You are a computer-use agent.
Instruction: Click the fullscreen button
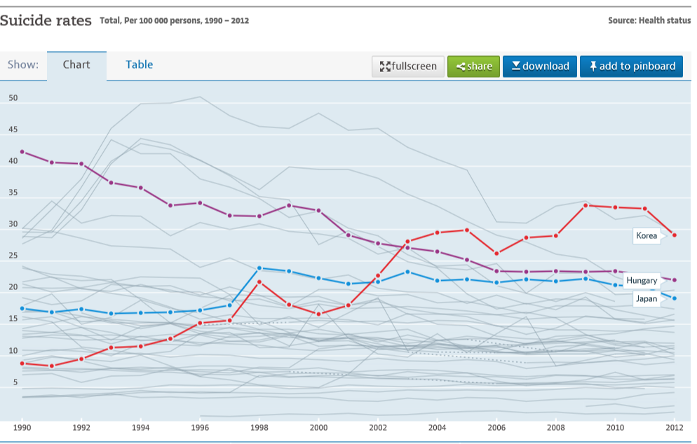tap(408, 67)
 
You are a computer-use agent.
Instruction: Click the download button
tap(539, 67)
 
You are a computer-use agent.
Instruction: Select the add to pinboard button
tap(631, 67)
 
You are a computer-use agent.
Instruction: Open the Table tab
tap(139, 65)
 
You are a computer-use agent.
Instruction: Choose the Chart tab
tap(76, 65)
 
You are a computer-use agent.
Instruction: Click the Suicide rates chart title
tap(46, 21)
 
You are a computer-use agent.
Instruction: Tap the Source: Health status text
tap(649, 21)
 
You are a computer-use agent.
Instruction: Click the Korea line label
tap(646, 236)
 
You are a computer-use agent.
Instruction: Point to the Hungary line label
tap(641, 281)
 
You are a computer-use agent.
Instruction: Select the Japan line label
tap(646, 299)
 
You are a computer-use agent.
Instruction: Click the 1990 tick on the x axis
tap(22, 426)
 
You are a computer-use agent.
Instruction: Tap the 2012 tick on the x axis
tap(674, 426)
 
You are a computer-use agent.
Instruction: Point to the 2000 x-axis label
tap(319, 426)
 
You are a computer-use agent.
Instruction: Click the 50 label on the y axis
tap(13, 99)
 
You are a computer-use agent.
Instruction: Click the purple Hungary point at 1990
tap(22, 152)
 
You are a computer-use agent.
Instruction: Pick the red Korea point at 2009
tap(586, 206)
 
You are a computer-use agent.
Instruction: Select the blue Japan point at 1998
tap(259, 268)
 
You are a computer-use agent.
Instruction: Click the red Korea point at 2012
tap(675, 235)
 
